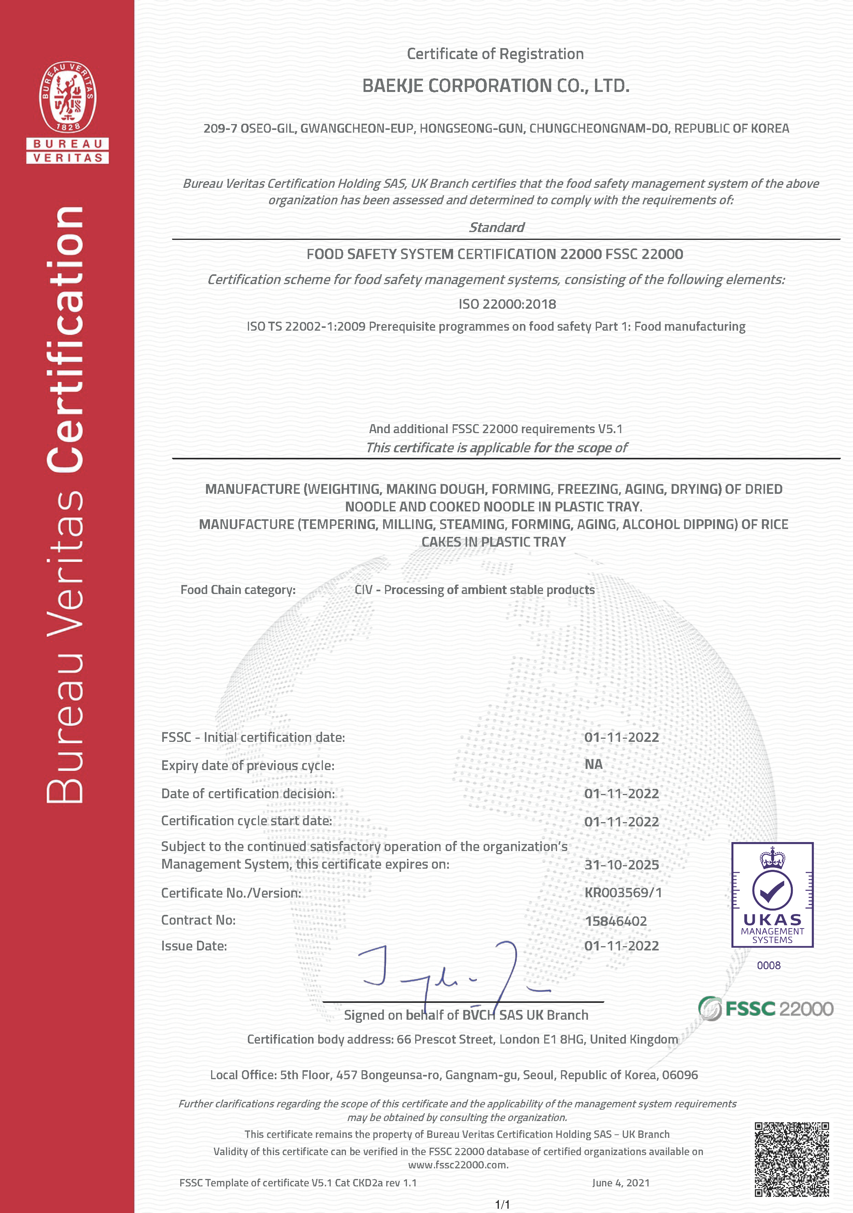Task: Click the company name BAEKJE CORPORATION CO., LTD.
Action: click(x=496, y=86)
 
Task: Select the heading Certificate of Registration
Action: click(x=495, y=54)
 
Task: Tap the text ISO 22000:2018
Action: click(x=507, y=304)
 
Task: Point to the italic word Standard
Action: click(x=496, y=227)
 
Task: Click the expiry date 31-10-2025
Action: click(x=621, y=865)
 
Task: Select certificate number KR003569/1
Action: click(x=623, y=892)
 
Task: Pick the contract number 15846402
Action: click(x=615, y=921)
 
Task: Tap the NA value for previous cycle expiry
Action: click(x=593, y=764)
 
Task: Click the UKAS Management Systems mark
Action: click(x=772, y=894)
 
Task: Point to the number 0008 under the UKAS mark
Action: click(x=769, y=965)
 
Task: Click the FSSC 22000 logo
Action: click(x=765, y=1008)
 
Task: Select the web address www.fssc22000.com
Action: click(x=458, y=1164)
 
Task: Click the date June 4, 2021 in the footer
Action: click(x=621, y=1182)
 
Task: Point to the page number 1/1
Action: click(x=502, y=1204)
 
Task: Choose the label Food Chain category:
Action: click(x=238, y=590)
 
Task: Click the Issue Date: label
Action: click(x=194, y=946)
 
